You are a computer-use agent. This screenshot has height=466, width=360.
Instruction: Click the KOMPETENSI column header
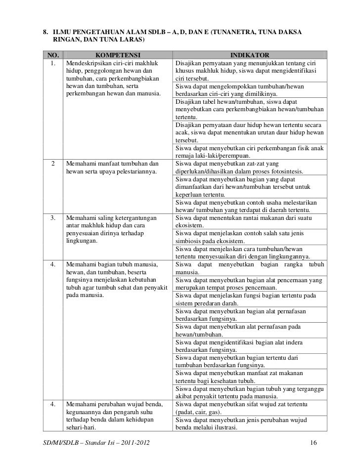(118, 54)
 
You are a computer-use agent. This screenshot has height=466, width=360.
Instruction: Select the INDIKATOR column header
(250, 54)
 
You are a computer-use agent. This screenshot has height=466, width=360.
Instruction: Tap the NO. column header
(52, 54)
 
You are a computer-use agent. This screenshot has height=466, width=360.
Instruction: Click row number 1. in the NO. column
(53, 63)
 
